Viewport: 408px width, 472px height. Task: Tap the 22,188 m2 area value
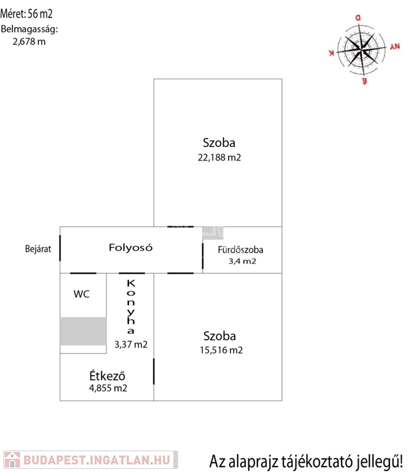click(x=219, y=157)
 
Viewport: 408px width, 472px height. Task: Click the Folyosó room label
click(x=130, y=248)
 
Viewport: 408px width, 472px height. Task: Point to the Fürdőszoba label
click(x=241, y=250)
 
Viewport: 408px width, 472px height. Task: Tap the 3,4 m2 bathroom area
click(x=242, y=261)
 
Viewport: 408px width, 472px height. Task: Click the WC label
click(x=82, y=294)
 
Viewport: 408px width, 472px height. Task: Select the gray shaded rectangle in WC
click(x=83, y=331)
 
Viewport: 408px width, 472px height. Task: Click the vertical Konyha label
click(x=130, y=306)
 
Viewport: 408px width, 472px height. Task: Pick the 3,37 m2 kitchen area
click(x=131, y=344)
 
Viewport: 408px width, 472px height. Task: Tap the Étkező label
click(x=108, y=376)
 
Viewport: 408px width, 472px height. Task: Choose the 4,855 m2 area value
click(x=108, y=388)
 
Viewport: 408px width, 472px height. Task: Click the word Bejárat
click(x=38, y=249)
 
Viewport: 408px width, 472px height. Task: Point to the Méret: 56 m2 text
click(x=23, y=14)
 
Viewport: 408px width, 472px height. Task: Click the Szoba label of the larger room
click(x=219, y=143)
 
